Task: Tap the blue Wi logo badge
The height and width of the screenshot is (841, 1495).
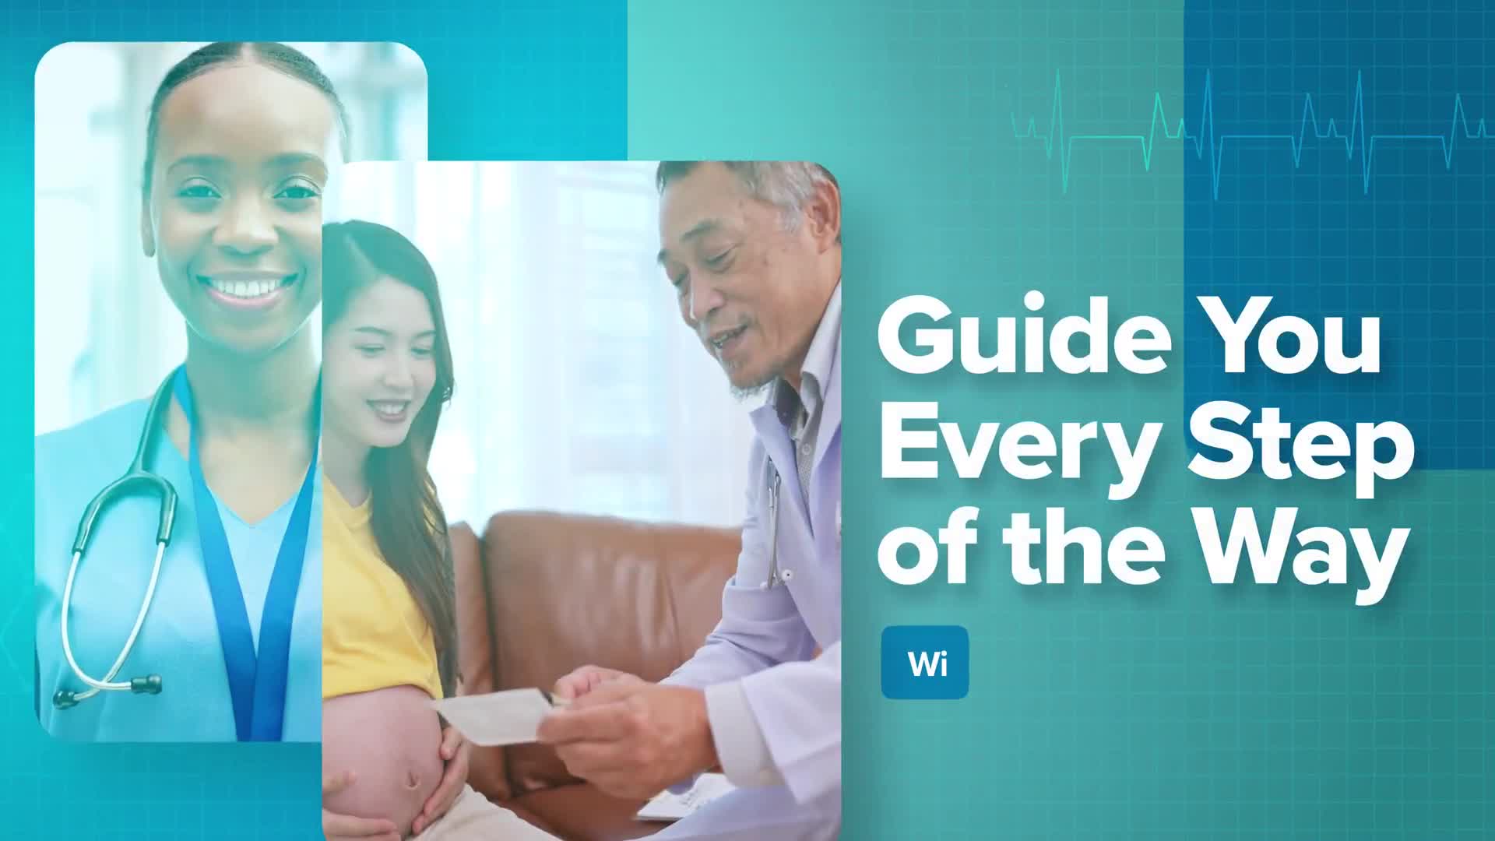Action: pyautogui.click(x=925, y=663)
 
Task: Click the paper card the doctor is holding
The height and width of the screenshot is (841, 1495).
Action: pyautogui.click(x=494, y=716)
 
